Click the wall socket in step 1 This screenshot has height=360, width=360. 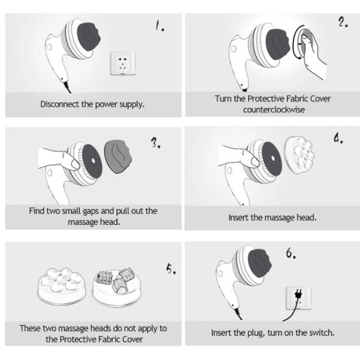coord(123,64)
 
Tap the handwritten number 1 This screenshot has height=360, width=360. coord(160,25)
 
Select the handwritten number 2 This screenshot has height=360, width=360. coord(343,22)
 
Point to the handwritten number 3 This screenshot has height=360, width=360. coord(155,143)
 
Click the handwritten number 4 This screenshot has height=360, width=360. coord(338,139)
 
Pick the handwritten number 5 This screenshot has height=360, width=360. coord(171,269)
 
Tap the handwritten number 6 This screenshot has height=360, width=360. coord(290,253)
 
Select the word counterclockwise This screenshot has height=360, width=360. coord(274,110)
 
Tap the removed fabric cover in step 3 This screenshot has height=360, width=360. coord(118,156)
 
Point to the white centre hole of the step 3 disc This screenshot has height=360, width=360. coord(93,161)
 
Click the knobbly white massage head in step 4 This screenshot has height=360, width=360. coord(299,155)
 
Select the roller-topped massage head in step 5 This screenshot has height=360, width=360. coord(116,287)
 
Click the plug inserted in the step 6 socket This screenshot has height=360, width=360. coord(298,295)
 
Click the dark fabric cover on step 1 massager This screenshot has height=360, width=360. coord(89,37)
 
